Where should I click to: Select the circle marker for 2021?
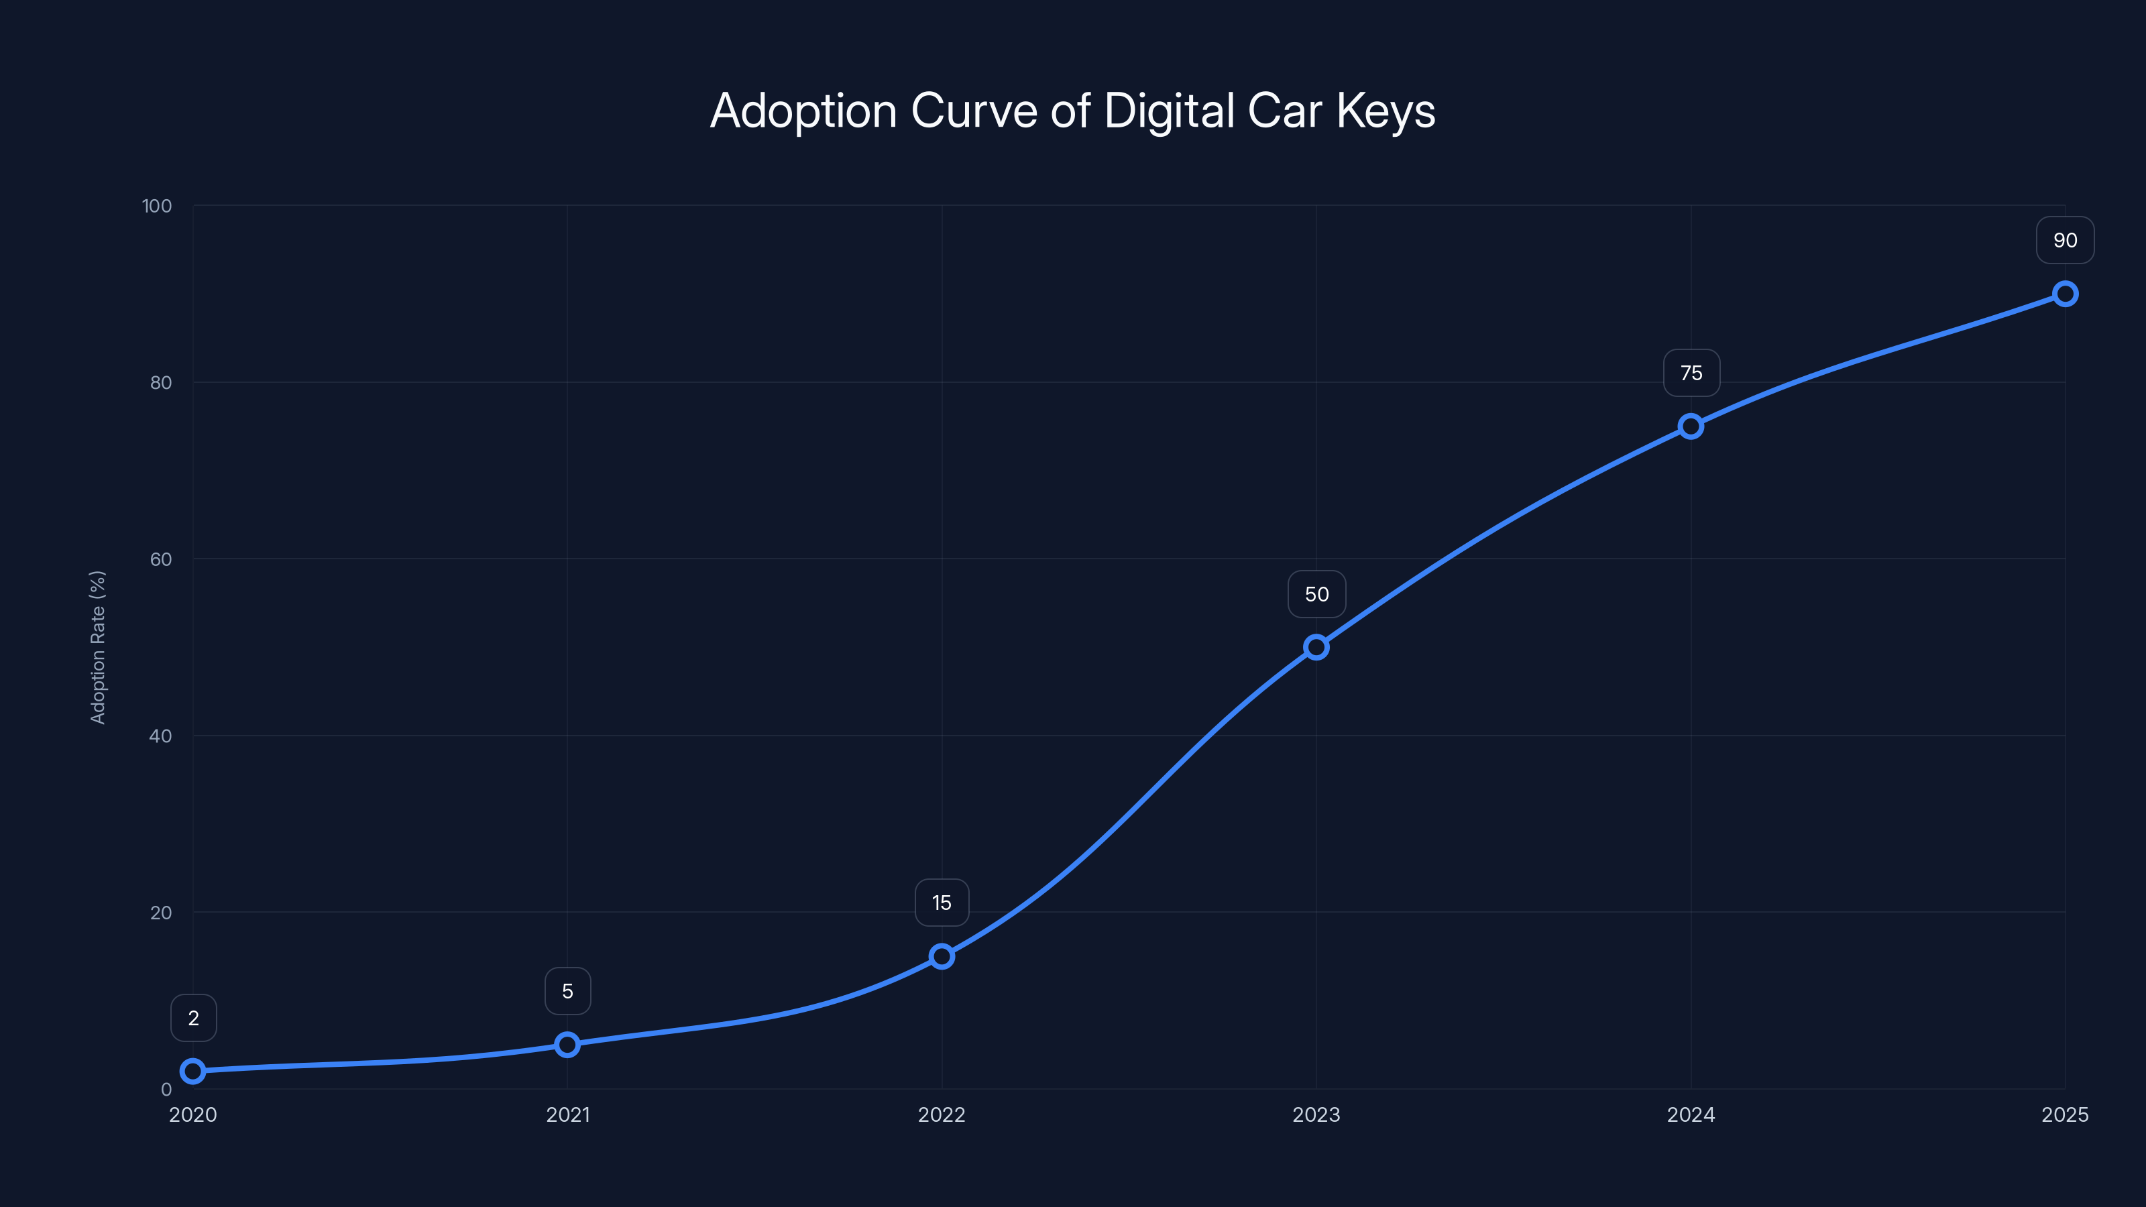point(567,1044)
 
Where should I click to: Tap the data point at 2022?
point(942,956)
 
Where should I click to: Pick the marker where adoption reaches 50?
point(1316,646)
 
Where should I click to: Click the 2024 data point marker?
point(1690,426)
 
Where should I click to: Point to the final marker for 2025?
point(2064,294)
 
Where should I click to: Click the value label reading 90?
point(2064,241)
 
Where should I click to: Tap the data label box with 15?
point(942,903)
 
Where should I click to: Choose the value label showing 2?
point(193,1018)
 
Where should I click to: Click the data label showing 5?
point(567,991)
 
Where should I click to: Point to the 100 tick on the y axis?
point(157,206)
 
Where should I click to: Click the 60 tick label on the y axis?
point(161,559)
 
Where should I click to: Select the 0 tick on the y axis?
point(166,1090)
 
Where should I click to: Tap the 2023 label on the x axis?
point(1316,1114)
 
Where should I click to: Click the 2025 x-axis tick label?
point(2064,1114)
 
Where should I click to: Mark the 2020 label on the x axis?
point(193,1114)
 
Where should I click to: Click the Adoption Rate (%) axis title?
point(97,647)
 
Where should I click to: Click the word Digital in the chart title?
point(1169,111)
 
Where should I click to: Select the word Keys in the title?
point(1386,111)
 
